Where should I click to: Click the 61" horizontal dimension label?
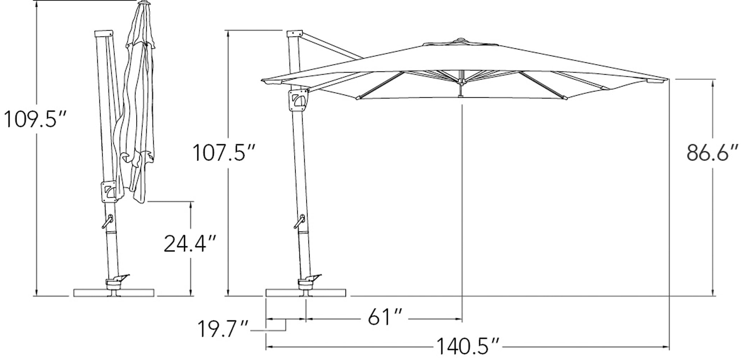click(385, 317)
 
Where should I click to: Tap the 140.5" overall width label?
click(468, 347)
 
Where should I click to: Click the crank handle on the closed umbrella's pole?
click(107, 221)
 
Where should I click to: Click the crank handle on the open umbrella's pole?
click(300, 221)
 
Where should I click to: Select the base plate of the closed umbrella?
click(114, 293)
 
